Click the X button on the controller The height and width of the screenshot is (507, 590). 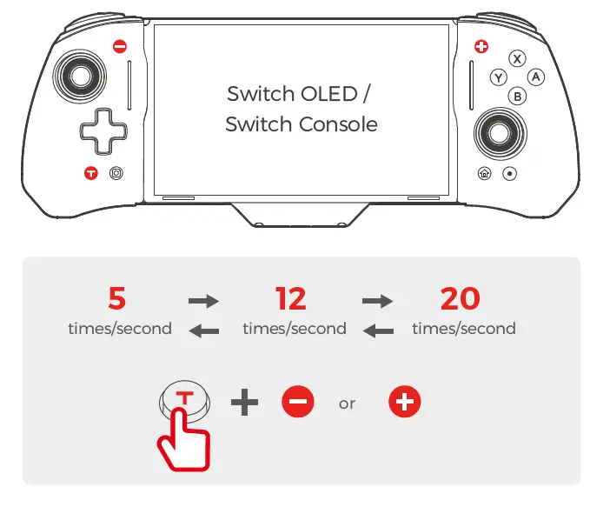pos(518,59)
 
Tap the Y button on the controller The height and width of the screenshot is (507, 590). pos(499,77)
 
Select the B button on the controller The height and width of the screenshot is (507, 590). pos(518,97)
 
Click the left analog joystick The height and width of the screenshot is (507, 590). pos(80,77)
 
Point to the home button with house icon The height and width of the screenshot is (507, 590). pos(484,173)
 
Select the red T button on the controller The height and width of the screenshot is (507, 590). pos(90,173)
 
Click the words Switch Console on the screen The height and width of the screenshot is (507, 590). pos(301,124)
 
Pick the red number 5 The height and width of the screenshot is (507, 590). pos(116,299)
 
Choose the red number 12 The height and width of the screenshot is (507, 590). pos(291,299)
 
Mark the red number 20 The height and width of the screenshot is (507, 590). pos(460,299)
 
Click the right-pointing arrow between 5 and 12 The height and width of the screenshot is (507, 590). pos(203,301)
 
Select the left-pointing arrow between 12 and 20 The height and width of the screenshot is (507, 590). pos(377,330)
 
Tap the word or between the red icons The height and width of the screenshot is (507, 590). pos(348,404)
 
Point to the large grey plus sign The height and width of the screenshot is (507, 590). pos(245,402)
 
